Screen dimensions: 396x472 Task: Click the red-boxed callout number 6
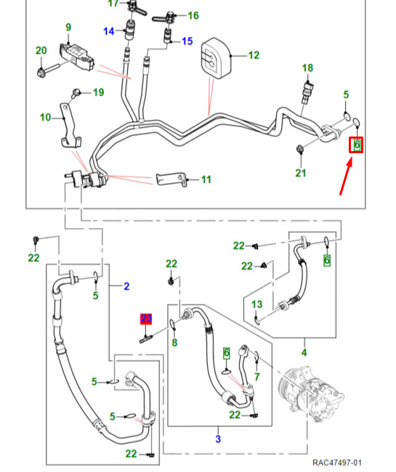[357, 145]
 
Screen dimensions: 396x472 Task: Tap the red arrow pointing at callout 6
[346, 178]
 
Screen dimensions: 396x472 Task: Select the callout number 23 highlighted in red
[146, 319]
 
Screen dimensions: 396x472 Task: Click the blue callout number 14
[109, 31]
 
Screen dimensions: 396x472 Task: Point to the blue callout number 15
[187, 41]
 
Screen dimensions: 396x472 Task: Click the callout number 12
[254, 55]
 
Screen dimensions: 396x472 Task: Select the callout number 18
[307, 68]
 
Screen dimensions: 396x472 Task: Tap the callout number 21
[301, 173]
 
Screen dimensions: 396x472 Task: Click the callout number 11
[206, 179]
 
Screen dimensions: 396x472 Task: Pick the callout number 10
[46, 117]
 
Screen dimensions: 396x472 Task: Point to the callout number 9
[68, 28]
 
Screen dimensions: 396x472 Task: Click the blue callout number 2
[126, 286]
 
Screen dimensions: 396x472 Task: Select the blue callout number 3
[218, 439]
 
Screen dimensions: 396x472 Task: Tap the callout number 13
[257, 304]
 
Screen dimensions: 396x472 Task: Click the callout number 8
[174, 342]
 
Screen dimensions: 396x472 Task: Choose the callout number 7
[257, 376]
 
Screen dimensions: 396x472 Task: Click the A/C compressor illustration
[312, 393]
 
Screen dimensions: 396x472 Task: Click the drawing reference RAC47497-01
[337, 463]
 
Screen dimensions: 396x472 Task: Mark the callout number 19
[99, 92]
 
